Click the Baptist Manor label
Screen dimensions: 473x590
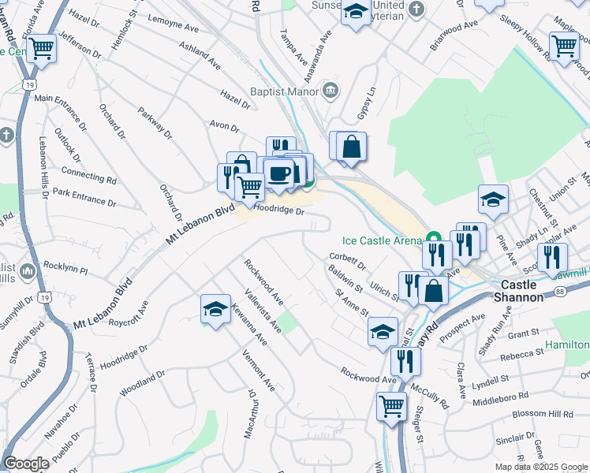(x=281, y=91)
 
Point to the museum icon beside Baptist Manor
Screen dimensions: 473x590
(x=330, y=91)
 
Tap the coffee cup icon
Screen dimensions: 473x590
(x=278, y=173)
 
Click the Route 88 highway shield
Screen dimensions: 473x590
(x=559, y=292)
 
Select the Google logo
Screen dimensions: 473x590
(x=26, y=464)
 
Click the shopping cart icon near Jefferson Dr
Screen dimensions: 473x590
(x=42, y=48)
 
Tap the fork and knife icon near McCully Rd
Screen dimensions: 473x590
(x=405, y=361)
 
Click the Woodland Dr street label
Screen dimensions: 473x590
(x=142, y=383)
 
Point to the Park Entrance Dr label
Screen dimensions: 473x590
(x=84, y=196)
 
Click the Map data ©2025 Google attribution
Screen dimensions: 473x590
(x=541, y=467)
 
